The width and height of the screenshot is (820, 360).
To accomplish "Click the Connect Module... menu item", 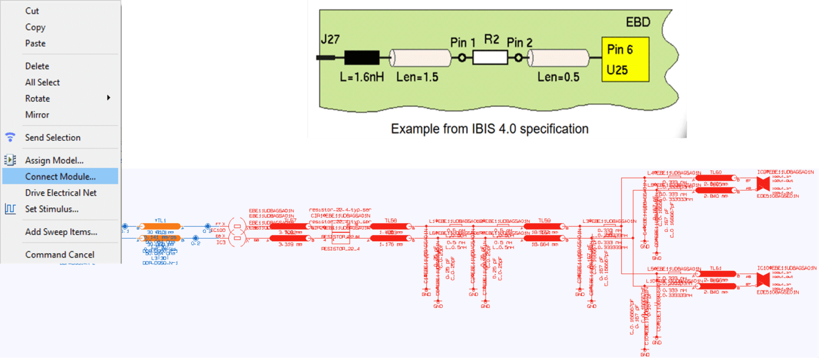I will (60, 176).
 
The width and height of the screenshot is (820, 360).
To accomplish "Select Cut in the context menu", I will (32, 11).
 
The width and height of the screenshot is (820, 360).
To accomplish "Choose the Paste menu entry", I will (35, 43).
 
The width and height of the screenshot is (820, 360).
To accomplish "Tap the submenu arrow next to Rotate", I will (108, 98).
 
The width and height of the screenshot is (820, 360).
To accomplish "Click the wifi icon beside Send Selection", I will (10, 137).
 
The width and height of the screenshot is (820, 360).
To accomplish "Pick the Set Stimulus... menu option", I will (52, 209).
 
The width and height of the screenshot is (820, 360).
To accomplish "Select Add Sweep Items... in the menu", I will (61, 232).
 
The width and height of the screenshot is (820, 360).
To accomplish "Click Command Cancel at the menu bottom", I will (59, 255).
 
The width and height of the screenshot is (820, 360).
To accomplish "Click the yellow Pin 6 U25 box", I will (625, 59).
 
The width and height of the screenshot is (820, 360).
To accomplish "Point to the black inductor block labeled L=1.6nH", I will (362, 57).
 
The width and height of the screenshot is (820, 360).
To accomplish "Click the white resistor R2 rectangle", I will (490, 57).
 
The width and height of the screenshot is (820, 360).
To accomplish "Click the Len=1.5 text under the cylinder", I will (417, 77).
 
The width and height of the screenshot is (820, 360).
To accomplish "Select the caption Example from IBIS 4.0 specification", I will (490, 129).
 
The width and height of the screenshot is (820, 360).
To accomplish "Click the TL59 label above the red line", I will (544, 220).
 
